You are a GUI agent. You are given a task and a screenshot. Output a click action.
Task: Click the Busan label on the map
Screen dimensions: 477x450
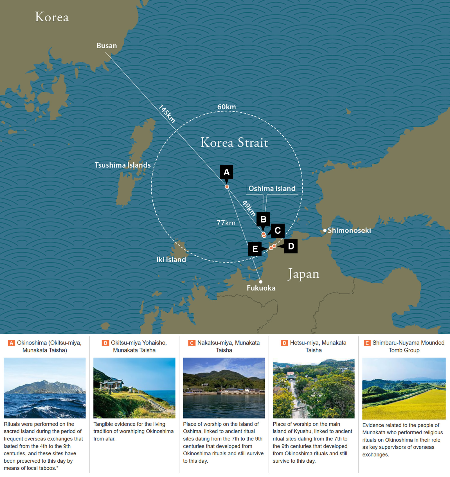click(107, 46)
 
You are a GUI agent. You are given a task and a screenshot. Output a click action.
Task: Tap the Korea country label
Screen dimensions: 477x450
click(52, 17)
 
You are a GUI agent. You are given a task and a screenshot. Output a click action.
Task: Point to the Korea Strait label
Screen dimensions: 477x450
click(234, 142)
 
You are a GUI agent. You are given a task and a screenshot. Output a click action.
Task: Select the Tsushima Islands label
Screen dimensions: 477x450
click(123, 165)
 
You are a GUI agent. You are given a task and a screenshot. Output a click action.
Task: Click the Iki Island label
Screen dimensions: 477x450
click(171, 260)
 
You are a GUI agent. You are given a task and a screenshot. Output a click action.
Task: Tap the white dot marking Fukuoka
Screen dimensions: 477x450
click(261, 282)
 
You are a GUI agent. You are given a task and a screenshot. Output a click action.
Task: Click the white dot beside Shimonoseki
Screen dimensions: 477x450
click(325, 230)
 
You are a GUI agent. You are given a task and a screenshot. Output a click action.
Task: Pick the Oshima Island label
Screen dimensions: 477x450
click(272, 188)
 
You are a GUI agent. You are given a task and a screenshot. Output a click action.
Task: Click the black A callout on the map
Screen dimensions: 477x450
click(226, 172)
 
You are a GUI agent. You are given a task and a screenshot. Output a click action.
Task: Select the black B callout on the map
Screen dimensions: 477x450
click(263, 219)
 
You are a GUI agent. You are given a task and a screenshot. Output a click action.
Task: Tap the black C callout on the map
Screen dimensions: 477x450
click(278, 231)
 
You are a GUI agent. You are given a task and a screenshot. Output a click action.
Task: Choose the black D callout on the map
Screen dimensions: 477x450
click(291, 246)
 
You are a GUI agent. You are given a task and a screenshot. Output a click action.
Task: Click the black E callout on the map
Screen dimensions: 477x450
click(255, 249)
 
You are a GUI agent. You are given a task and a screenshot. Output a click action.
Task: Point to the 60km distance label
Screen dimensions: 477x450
click(226, 107)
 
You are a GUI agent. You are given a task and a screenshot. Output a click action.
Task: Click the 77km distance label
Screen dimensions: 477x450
click(226, 223)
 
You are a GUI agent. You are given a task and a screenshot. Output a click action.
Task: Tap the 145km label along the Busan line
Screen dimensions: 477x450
click(167, 113)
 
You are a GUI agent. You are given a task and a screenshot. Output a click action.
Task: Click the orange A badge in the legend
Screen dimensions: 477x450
click(12, 343)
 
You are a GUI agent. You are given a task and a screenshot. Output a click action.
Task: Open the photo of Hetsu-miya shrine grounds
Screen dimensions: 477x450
click(313, 388)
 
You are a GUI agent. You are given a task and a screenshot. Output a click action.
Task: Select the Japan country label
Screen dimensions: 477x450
click(303, 274)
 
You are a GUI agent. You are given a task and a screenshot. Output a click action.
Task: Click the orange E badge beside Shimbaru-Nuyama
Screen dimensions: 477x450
click(367, 343)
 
